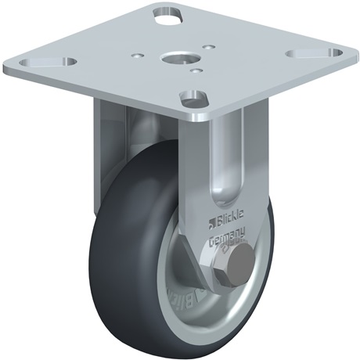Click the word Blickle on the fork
coord(229,211)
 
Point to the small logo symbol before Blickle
coord(211,209)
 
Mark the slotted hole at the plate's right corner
coord(304,54)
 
